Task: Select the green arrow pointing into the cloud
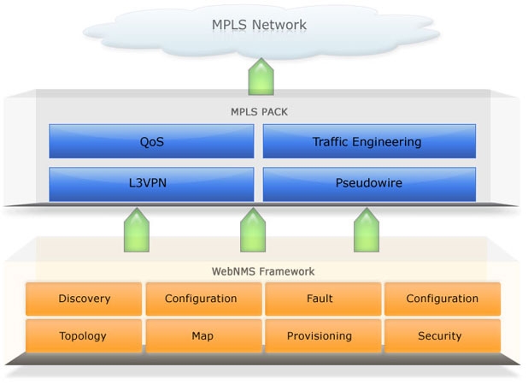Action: tap(261, 76)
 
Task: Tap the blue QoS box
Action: tap(151, 141)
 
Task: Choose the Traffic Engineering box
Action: tap(368, 141)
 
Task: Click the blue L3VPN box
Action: tap(151, 183)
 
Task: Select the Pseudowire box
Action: tap(368, 183)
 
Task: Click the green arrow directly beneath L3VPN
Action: tap(137, 230)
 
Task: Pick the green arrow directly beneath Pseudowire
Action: tap(368, 230)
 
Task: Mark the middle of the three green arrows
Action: tap(252, 230)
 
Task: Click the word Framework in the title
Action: tap(285, 271)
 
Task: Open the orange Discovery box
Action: tap(84, 299)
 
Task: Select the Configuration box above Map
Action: tap(202, 299)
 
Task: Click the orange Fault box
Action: tap(320, 299)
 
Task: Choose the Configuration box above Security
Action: tap(442, 299)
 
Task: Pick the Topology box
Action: tap(84, 335)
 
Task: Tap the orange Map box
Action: tap(202, 335)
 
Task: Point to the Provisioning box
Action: tap(320, 335)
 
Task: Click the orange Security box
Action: tap(442, 335)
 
